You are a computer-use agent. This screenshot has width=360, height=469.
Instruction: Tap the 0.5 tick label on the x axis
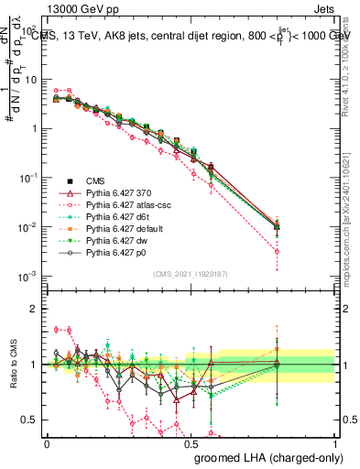[191, 443]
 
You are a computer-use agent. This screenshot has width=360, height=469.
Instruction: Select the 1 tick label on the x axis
[335, 443]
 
